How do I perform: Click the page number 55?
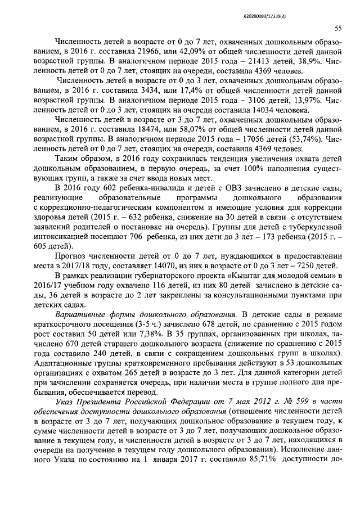339,28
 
